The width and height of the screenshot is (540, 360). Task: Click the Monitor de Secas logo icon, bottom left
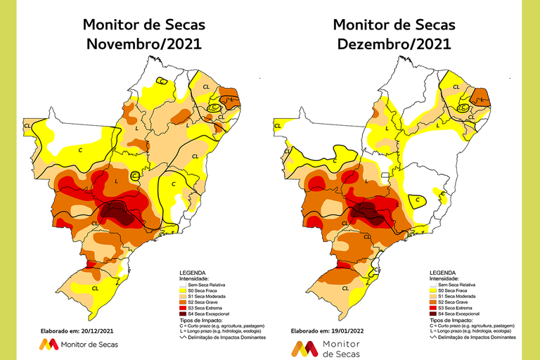coord(49,344)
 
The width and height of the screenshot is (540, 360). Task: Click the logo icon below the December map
coord(304,349)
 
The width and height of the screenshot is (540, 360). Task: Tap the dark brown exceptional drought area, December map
coord(368,211)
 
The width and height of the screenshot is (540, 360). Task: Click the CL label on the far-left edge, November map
coord(27,126)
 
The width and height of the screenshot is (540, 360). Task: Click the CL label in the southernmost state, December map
coord(345,288)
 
